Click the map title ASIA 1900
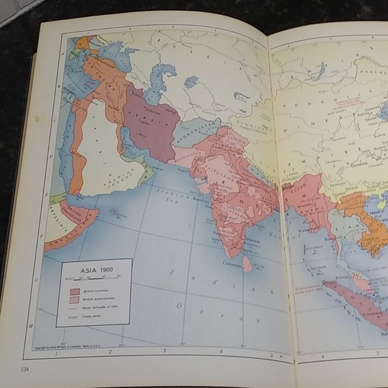[94, 270]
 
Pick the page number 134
[25, 369]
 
